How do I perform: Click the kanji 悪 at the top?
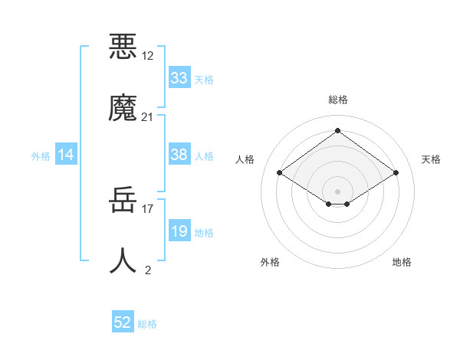pos(123,46)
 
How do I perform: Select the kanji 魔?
pos(123,108)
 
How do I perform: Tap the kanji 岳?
pos(123,201)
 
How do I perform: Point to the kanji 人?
pos(123,261)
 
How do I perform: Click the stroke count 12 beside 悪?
pos(147,55)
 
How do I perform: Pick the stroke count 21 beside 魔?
pos(147,117)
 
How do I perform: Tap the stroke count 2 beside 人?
pos(148,270)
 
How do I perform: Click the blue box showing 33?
pos(179,78)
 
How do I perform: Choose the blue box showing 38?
pos(179,155)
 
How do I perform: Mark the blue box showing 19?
pos(179,231)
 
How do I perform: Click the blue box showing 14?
pos(66,155)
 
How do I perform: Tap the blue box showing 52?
pos(123,323)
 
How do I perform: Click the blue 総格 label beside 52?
pos(147,324)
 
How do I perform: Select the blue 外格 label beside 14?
pos(41,155)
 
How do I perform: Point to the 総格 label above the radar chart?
pos(338,100)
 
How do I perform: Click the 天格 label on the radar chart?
pos(431,159)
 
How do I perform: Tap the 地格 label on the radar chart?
pos(402,262)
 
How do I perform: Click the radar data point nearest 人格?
pos(280,173)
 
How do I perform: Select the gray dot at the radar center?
pos(338,191)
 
